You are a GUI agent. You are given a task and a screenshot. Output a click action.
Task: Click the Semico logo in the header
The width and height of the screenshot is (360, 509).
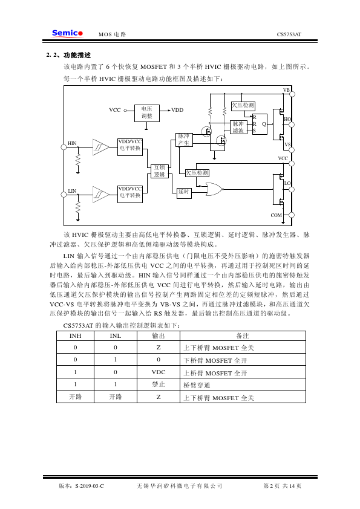(x=67, y=33)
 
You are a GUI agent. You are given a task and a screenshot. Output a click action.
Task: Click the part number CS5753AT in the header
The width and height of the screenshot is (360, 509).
(x=289, y=34)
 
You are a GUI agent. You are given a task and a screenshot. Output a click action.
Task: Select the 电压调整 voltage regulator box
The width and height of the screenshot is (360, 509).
(x=147, y=113)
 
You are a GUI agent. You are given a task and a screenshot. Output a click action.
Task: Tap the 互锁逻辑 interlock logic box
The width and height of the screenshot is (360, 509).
(x=159, y=171)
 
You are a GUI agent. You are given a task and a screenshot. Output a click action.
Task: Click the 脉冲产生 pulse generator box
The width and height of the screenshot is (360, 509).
(x=184, y=140)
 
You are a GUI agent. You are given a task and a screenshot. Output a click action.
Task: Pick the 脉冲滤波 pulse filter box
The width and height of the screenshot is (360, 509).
(x=238, y=127)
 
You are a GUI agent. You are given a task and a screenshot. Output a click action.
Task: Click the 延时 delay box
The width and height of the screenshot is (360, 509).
(x=184, y=192)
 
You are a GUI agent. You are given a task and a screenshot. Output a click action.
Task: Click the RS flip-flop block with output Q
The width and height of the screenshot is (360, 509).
(x=260, y=124)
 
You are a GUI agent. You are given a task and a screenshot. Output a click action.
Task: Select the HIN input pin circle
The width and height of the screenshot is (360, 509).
(x=64, y=147)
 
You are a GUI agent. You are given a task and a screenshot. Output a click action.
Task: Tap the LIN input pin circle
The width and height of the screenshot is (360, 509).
(x=64, y=195)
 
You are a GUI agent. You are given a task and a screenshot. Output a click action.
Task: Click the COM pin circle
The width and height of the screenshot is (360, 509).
(x=292, y=215)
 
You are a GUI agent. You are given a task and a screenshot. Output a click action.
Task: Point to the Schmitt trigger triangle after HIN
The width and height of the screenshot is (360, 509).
(x=100, y=147)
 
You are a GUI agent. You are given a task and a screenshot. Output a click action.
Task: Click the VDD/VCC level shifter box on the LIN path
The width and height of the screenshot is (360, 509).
(x=130, y=194)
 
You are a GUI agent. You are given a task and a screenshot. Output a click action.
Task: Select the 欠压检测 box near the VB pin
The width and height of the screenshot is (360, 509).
(x=243, y=106)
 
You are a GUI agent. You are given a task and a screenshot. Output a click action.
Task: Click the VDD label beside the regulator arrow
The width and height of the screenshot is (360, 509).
(x=177, y=110)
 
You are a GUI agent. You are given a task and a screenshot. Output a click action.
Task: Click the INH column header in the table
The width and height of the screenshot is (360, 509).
(x=76, y=336)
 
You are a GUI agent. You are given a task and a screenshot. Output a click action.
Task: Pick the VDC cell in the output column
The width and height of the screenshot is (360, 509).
(x=159, y=372)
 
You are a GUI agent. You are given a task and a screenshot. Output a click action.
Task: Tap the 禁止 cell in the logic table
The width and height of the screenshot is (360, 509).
(x=159, y=384)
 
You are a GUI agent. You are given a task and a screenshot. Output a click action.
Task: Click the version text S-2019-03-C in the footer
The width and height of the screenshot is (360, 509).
(x=90, y=486)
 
